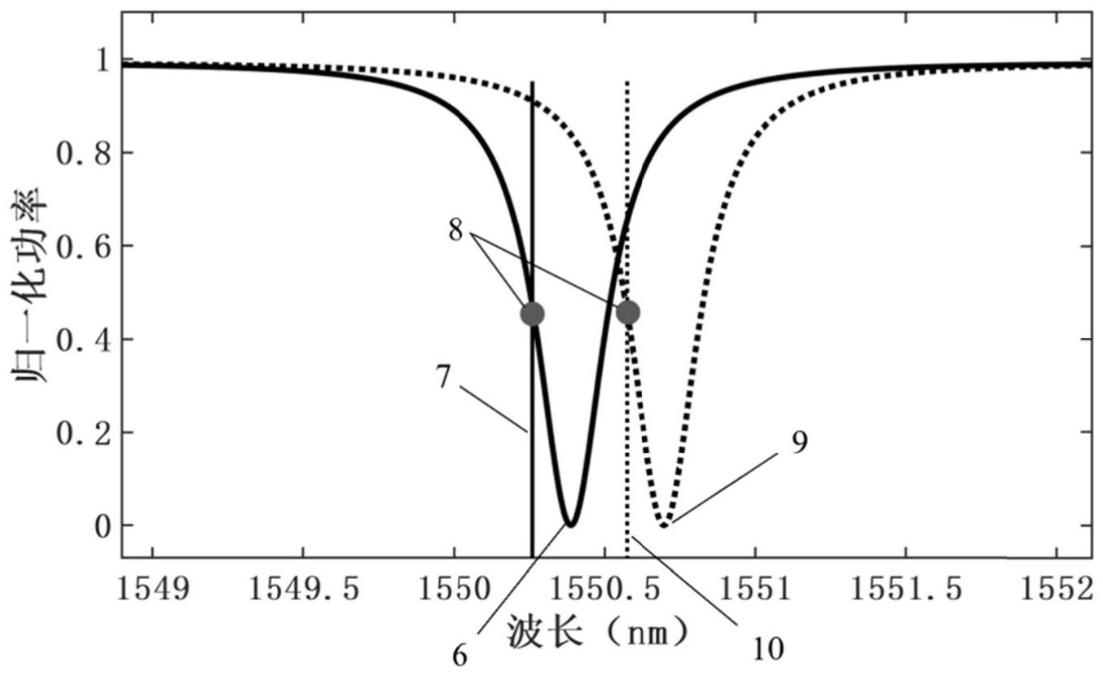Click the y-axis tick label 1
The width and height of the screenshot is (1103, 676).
103,60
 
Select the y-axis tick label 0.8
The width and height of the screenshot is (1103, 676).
83,153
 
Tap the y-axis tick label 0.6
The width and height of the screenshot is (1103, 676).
83,246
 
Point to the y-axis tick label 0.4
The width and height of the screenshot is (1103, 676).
83,339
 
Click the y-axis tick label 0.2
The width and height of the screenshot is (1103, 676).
83,432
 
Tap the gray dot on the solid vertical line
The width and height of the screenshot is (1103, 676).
532,314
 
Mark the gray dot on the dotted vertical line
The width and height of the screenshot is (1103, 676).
627,313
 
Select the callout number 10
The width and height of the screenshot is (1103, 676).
769,648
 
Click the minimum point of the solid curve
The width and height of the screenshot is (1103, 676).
571,525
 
